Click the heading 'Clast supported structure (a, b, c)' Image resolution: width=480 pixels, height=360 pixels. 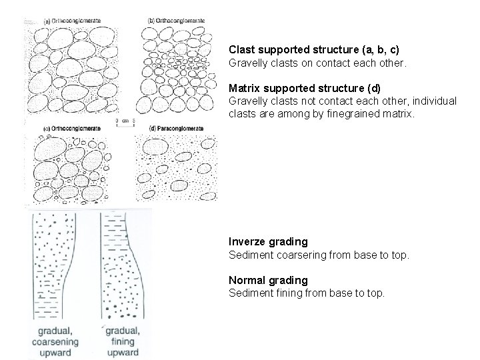coord(314,49)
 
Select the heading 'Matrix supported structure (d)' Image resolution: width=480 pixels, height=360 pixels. coord(305,88)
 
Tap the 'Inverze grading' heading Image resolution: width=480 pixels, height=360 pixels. coord(268,241)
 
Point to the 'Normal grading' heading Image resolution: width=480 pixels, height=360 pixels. coord(268,280)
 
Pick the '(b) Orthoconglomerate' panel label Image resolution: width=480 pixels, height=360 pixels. coord(176,21)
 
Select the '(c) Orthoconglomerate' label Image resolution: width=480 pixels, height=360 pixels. coord(72,129)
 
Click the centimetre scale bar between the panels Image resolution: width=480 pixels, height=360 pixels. coord(126,121)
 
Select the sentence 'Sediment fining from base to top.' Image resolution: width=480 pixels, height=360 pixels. coord(307,292)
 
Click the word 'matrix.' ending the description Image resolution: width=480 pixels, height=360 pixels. coord(397,113)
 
